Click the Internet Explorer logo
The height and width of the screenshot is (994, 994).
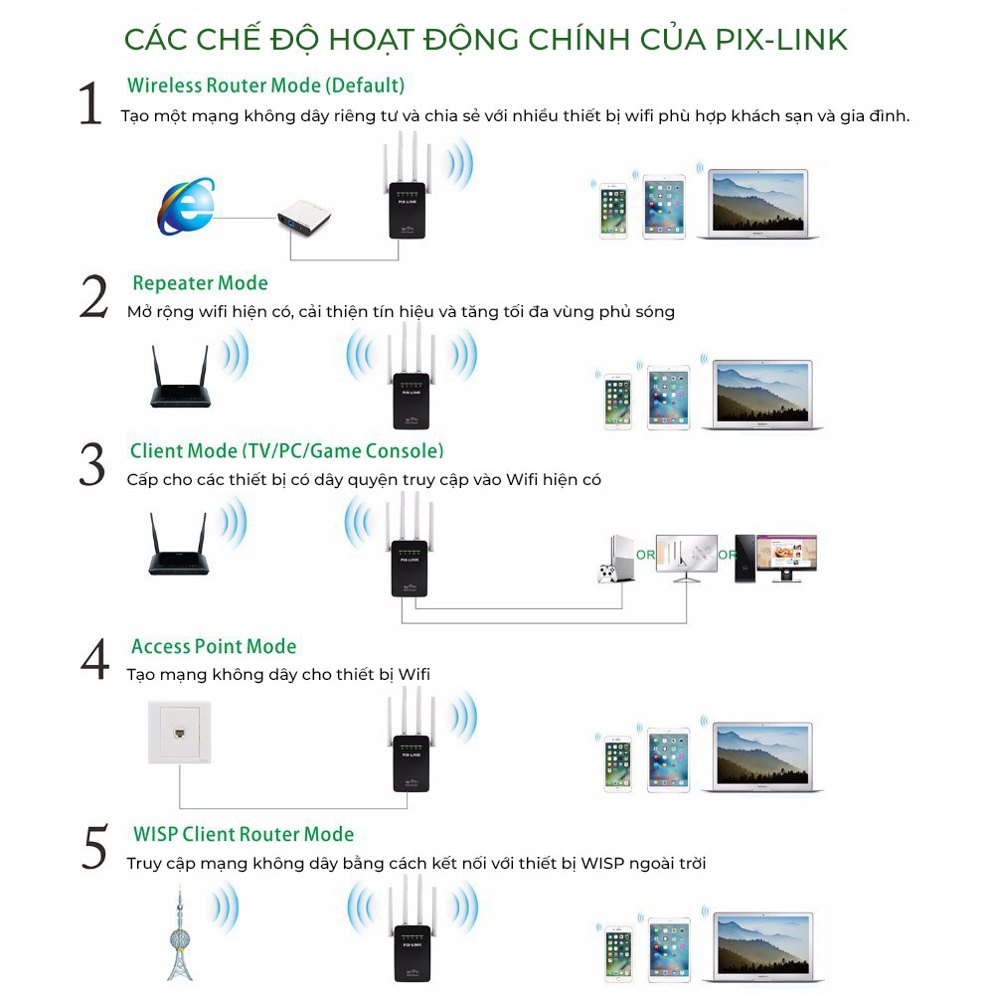[x=186, y=207]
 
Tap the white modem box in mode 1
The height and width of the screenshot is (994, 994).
[x=304, y=219]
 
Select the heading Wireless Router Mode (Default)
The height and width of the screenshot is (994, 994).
[x=265, y=85]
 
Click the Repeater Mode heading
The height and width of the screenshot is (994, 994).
[x=200, y=283]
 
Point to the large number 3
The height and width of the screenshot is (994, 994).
[x=92, y=464]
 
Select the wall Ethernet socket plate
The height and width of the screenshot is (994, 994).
[x=179, y=733]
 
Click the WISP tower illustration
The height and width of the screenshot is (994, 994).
[x=179, y=933]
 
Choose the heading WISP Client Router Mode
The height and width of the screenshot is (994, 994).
[x=244, y=834]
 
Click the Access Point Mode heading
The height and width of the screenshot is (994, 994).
[x=214, y=647]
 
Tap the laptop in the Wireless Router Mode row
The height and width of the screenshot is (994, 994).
[x=758, y=204]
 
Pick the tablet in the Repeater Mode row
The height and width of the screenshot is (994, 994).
[x=668, y=399]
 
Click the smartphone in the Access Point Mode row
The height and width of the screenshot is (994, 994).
[x=618, y=763]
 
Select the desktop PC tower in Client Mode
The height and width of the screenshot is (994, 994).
[x=745, y=559]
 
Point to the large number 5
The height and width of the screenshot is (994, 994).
[x=95, y=847]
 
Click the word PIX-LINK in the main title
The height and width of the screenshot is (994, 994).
[x=781, y=40]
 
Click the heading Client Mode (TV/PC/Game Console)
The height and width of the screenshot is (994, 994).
[x=286, y=451]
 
